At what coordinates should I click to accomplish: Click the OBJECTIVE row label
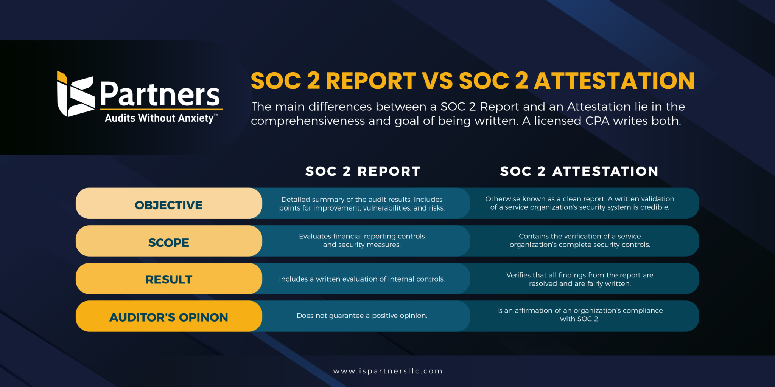tap(169, 205)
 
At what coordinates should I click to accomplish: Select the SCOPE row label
tap(169, 242)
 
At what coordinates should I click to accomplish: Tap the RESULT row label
tap(169, 279)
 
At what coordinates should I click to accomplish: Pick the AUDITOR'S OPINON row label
tap(169, 317)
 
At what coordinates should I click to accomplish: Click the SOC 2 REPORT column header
tap(363, 171)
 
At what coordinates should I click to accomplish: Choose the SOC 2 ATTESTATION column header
tap(579, 171)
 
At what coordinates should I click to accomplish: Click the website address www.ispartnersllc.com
tap(387, 371)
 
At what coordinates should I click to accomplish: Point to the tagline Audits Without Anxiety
tap(160, 118)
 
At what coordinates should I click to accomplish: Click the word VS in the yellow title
tap(437, 81)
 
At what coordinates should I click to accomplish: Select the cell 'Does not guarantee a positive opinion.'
tap(362, 316)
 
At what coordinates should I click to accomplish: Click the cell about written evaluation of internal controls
tap(362, 279)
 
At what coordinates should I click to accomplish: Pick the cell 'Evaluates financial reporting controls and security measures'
tap(362, 240)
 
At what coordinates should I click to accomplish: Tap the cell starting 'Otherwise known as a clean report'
tap(580, 203)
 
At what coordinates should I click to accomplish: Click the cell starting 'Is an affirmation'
tap(580, 314)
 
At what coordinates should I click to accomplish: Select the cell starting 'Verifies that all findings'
tap(580, 279)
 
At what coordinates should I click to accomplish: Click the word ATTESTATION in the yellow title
tap(614, 81)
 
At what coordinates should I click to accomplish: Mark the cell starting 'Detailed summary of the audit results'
tap(362, 204)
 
